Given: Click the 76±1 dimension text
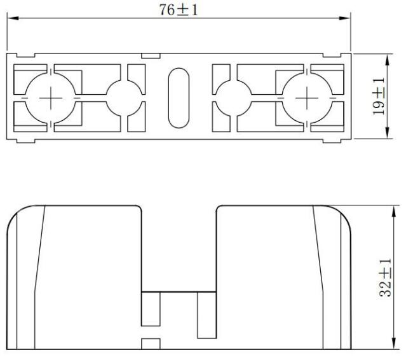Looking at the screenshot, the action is click(179, 10).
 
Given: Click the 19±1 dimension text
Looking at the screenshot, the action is click(379, 97).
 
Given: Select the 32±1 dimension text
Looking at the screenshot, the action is click(385, 277).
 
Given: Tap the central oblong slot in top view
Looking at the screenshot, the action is click(179, 98).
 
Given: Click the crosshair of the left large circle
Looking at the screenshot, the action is click(51, 98).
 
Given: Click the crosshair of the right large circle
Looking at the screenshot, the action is click(307, 98).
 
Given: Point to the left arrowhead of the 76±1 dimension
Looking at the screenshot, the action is click(13, 18).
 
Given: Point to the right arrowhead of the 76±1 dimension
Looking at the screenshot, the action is click(344, 18).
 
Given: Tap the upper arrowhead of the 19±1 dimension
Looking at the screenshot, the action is click(388, 60).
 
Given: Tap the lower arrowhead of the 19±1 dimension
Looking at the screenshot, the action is click(388, 132).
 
